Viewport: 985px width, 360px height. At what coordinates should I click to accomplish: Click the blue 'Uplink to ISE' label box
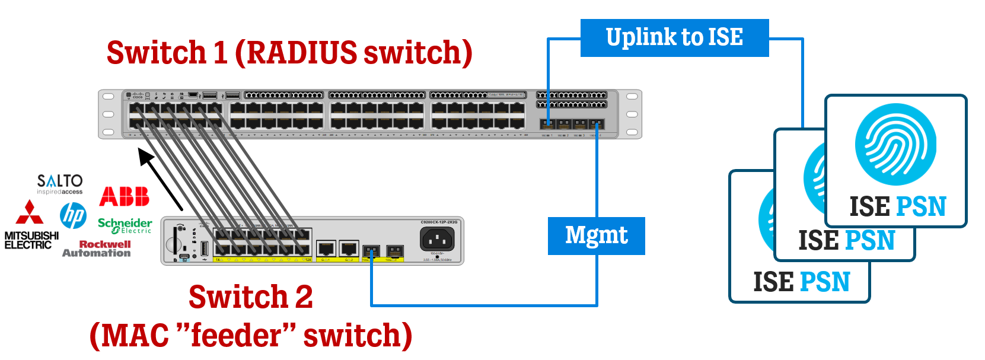point(674,38)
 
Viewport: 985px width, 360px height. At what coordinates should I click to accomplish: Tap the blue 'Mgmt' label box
point(596,236)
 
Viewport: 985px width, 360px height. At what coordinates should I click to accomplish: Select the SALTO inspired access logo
point(60,184)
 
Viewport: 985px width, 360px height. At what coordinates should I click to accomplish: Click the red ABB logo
point(125,196)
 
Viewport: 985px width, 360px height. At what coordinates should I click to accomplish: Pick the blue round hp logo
point(73,215)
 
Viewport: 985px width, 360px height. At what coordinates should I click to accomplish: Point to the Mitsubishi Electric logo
point(31,226)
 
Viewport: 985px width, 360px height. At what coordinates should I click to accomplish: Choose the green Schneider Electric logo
point(125,225)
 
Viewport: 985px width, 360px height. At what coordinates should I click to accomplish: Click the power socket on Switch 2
point(437,240)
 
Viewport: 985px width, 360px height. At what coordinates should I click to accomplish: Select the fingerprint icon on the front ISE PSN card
point(895,144)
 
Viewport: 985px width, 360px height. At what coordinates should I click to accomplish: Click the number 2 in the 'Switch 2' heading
point(304,297)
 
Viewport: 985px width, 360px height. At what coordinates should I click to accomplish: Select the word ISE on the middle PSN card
point(818,241)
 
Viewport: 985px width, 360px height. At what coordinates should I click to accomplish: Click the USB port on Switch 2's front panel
point(205,248)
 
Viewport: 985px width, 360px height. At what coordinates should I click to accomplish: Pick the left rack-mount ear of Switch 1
point(109,114)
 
